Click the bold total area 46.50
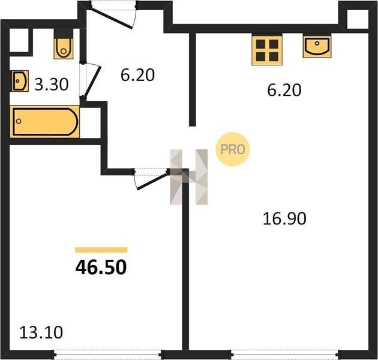(101, 268)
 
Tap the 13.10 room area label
(41, 332)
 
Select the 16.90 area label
(284, 219)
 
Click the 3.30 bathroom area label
(52, 85)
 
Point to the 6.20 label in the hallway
(137, 75)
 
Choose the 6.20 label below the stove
(284, 90)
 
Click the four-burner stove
(267, 50)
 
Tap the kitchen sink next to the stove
(317, 46)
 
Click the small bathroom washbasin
(20, 81)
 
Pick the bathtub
(44, 122)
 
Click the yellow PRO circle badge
(233, 149)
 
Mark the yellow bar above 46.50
(101, 250)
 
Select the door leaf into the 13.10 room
(152, 180)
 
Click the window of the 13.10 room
(109, 355)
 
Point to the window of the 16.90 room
(286, 355)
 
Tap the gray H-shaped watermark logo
(189, 177)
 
